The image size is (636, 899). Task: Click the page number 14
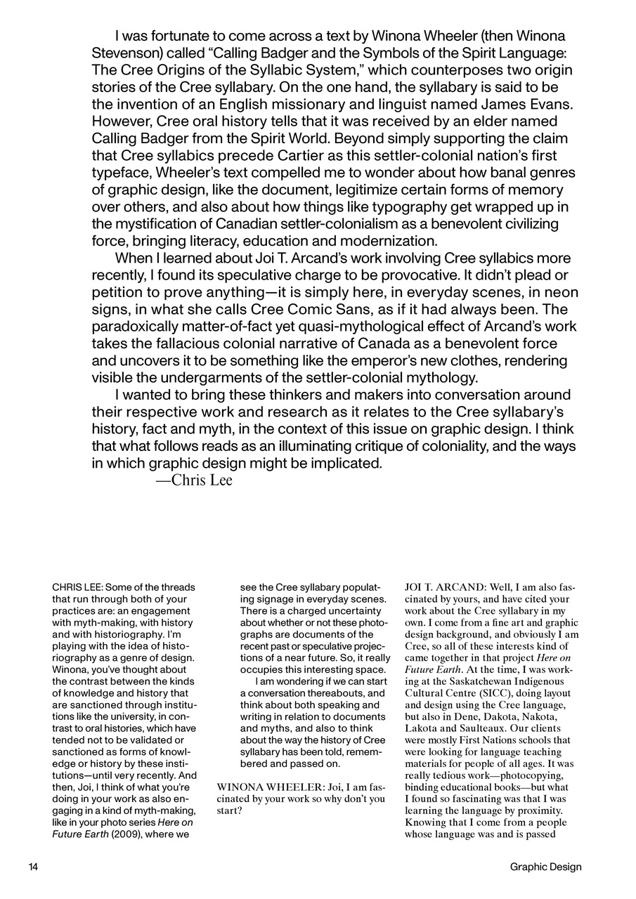point(33,867)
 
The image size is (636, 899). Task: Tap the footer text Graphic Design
point(546,867)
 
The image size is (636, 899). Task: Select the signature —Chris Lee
point(193,480)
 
